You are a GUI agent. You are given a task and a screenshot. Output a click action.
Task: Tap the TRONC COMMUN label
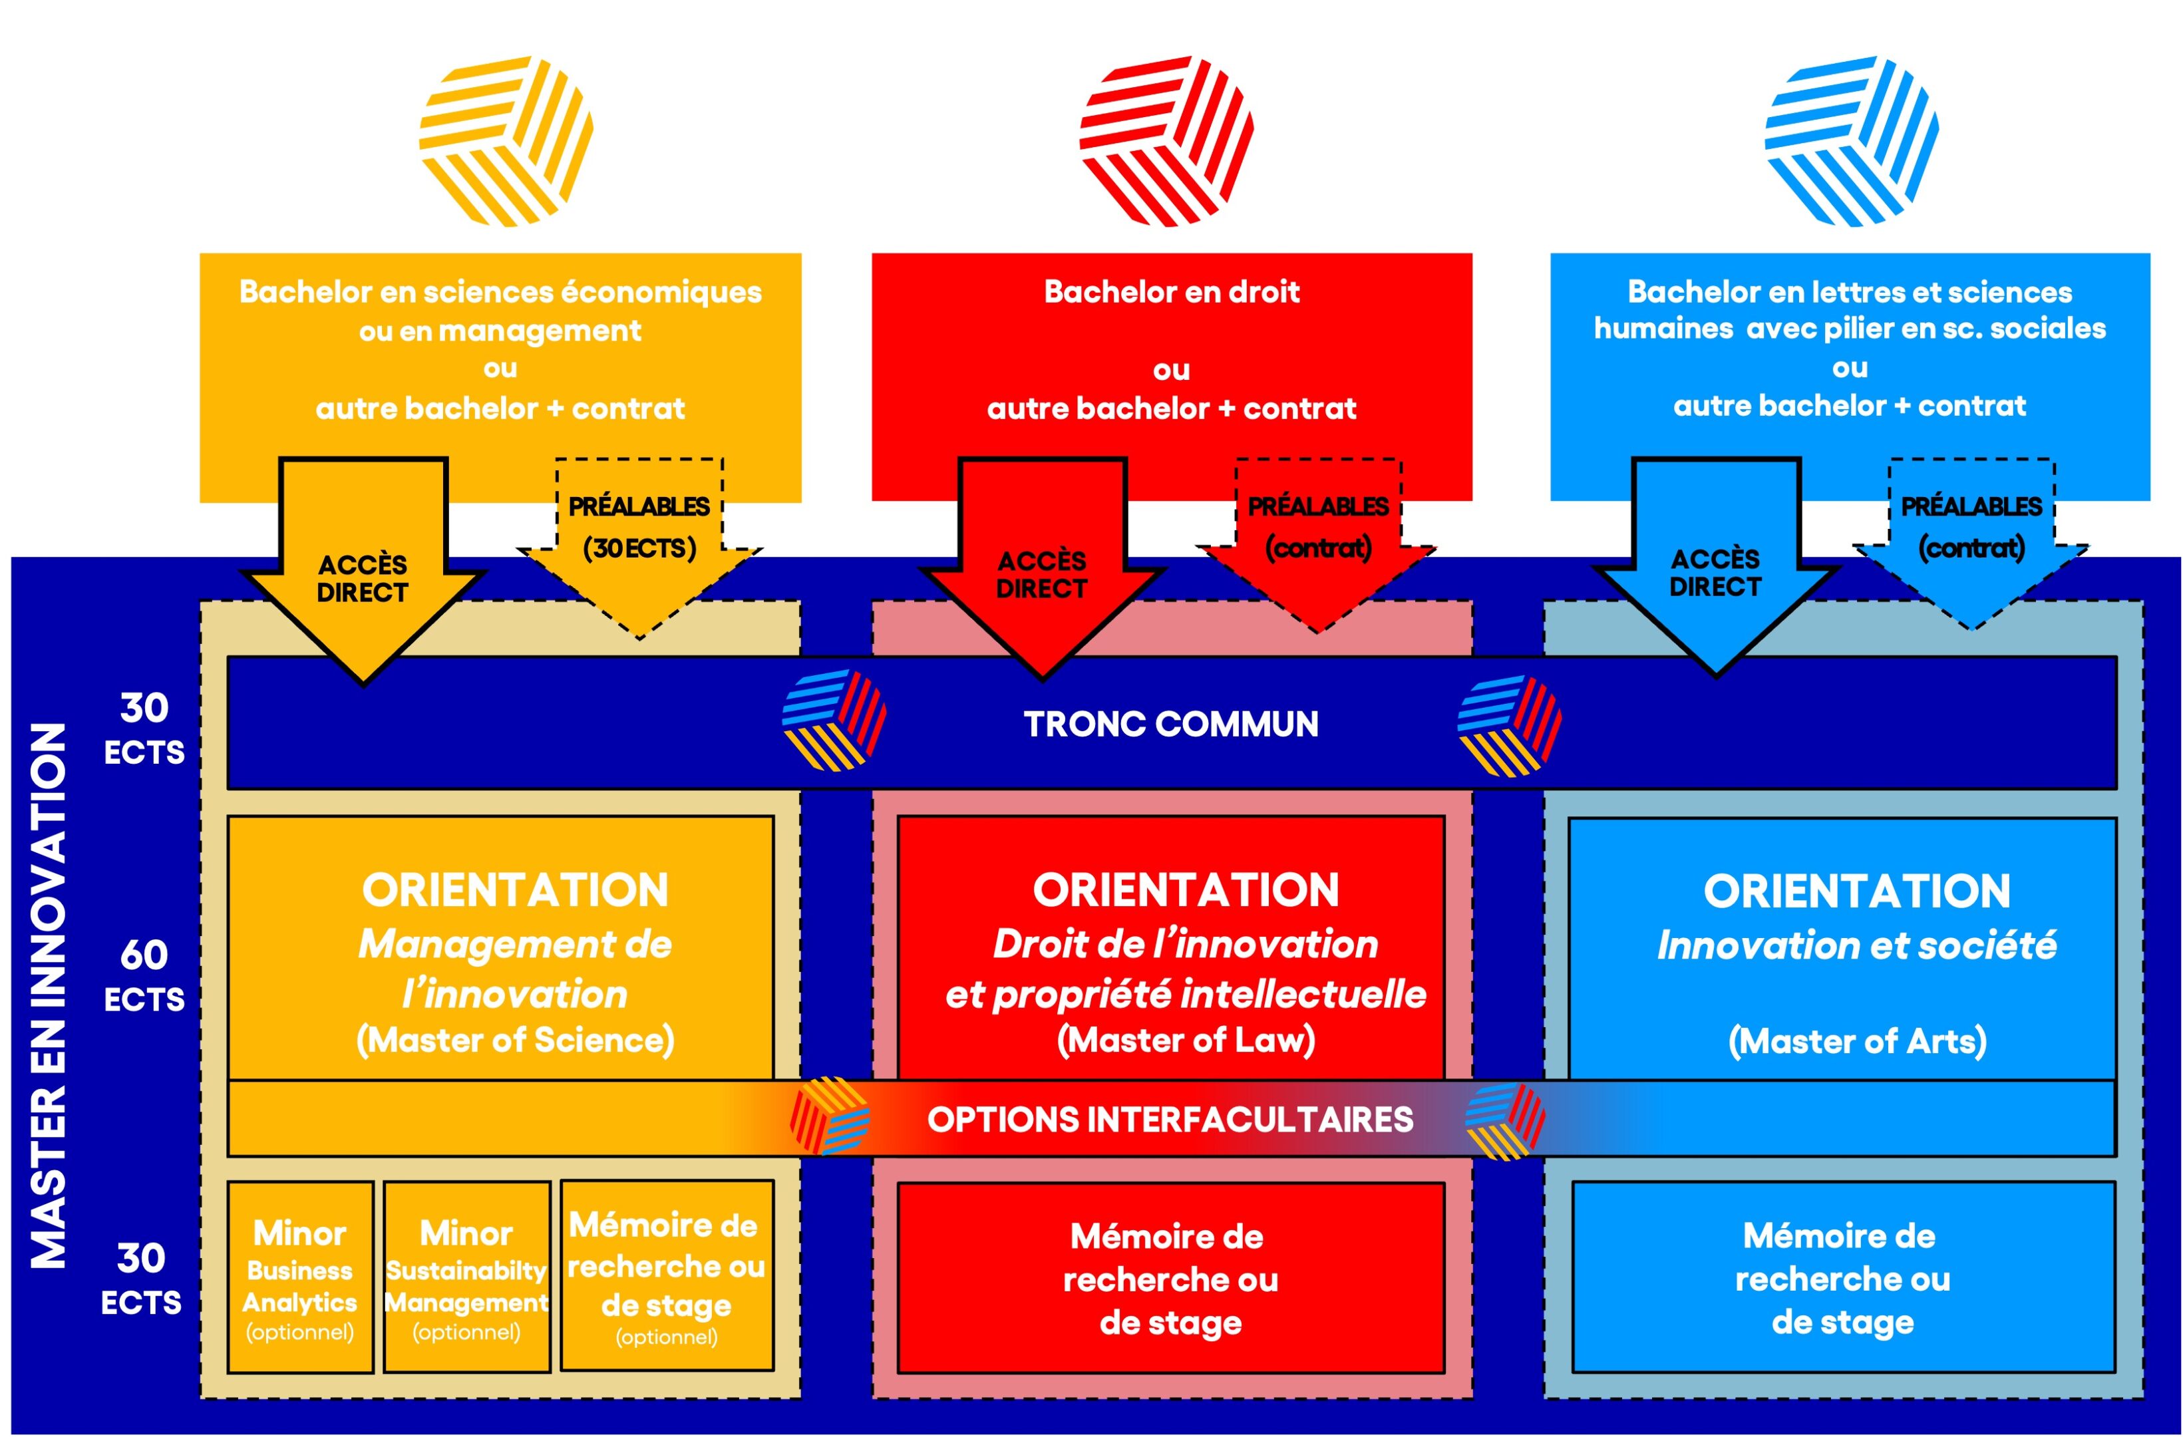pos(1170,724)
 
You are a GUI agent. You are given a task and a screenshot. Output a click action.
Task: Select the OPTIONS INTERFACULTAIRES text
pos(1170,1120)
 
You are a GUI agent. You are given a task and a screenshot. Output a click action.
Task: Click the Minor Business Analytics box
pos(300,1277)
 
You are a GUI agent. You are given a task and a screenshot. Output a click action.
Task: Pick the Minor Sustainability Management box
pos(467,1277)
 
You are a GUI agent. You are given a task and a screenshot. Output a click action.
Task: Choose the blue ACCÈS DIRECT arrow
pos(1715,569)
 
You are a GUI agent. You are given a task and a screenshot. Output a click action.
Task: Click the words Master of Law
pos(1186,1040)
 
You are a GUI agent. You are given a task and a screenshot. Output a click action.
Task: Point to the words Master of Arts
pos(1856,1041)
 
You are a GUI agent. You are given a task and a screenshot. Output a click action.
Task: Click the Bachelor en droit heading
pos(1171,291)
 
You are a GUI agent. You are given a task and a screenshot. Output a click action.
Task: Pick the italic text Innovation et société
pos(1856,945)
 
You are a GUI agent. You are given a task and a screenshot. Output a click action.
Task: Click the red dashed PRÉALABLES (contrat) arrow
pos(1318,536)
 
